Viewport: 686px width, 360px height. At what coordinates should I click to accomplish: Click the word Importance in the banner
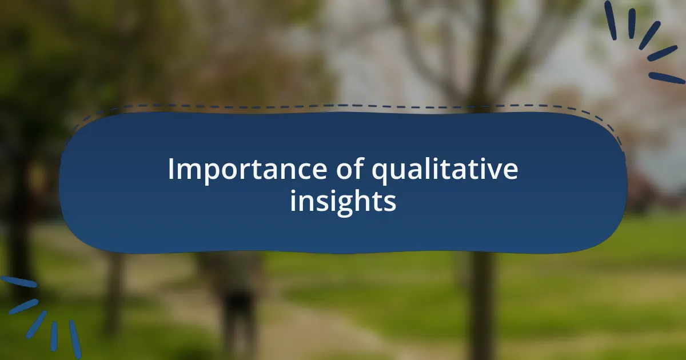pos(248,170)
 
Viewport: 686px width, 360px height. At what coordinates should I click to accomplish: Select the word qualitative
pos(445,170)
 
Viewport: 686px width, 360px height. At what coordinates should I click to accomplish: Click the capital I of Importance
pos(171,169)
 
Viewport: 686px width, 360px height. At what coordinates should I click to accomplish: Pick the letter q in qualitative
pos(380,174)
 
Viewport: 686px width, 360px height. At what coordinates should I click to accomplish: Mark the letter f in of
pos(358,168)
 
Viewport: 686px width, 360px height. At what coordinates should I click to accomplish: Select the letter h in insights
pos(365,200)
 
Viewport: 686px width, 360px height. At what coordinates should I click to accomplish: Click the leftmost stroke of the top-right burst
pos(611,20)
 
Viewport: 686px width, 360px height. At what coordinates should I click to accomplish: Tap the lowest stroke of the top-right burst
pos(667,78)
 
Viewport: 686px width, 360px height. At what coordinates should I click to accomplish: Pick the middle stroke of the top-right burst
pos(649,35)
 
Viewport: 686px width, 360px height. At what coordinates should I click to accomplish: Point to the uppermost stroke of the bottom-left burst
pos(19,282)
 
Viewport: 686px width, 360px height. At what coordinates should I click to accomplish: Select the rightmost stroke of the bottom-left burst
pos(75,339)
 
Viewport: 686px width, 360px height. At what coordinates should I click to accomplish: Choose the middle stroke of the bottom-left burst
pos(36,325)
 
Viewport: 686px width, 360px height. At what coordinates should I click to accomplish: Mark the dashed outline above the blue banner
pos(343,106)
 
